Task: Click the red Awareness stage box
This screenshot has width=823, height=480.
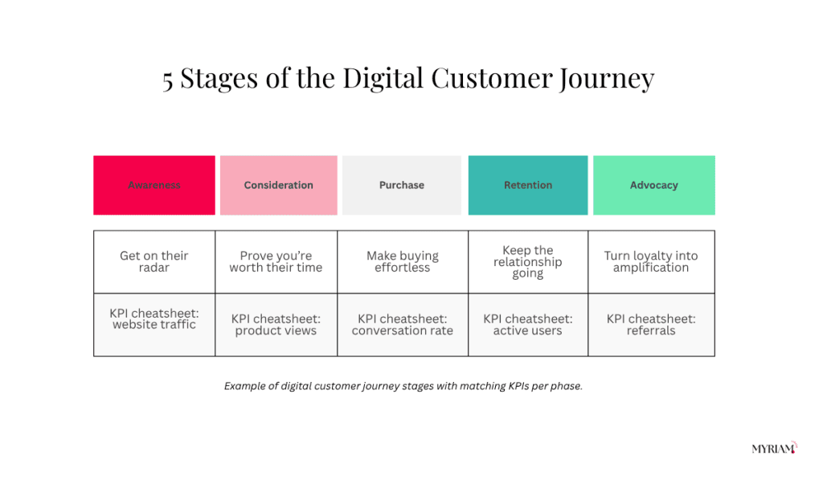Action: tap(154, 185)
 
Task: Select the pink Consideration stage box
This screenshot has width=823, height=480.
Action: tap(279, 185)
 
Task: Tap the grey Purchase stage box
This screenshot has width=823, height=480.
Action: tap(402, 185)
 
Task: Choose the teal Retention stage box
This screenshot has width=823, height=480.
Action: tap(528, 185)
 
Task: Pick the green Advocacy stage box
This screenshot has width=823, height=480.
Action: tap(654, 185)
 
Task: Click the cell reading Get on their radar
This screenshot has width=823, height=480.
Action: tap(154, 261)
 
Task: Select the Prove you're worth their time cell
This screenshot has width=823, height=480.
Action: tap(276, 261)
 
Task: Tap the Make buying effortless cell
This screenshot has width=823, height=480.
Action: tap(403, 261)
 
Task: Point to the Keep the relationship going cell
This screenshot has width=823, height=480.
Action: tap(528, 261)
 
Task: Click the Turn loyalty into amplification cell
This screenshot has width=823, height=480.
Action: tap(651, 261)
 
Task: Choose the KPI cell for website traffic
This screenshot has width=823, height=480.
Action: tap(154, 325)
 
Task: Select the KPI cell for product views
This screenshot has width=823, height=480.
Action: tap(276, 325)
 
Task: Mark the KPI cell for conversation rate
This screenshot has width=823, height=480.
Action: tap(403, 325)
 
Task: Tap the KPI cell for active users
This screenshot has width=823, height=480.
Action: tap(528, 325)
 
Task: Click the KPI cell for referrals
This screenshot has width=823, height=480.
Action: tap(651, 325)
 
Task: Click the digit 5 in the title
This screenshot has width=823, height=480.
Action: tap(167, 80)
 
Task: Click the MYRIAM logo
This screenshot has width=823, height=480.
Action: tap(775, 448)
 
